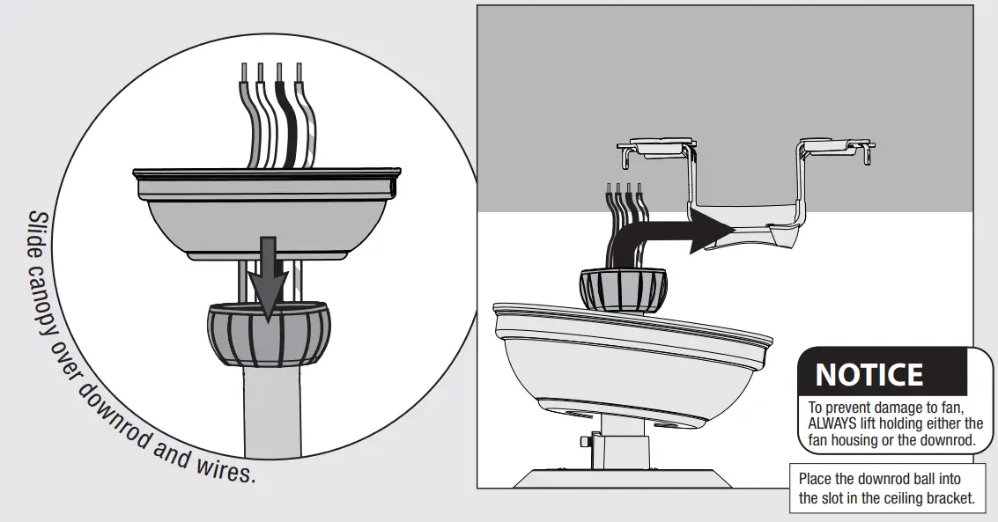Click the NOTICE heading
(x=869, y=374)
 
